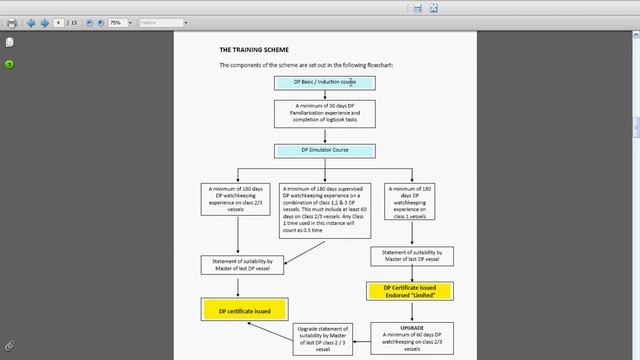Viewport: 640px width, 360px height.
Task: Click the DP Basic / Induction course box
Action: click(x=325, y=82)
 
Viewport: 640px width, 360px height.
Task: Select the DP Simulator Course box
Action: click(x=325, y=151)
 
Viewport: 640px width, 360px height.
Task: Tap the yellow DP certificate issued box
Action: click(x=244, y=310)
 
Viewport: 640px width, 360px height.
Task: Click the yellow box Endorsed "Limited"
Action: click(x=409, y=292)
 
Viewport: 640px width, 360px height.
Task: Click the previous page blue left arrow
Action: click(x=31, y=22)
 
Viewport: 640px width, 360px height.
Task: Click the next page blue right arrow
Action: click(x=44, y=22)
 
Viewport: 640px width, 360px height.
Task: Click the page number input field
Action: click(x=60, y=22)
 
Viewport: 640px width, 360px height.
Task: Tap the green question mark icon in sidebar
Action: click(x=9, y=64)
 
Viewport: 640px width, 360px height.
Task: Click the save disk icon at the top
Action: click(x=417, y=8)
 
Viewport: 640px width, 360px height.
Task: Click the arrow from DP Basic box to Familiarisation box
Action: click(x=325, y=95)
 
